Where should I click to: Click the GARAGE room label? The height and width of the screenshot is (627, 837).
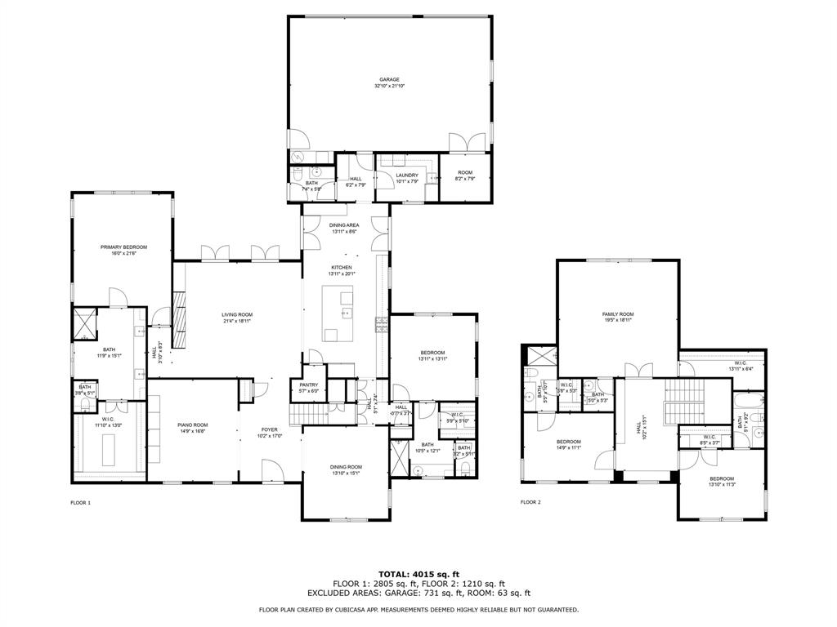(389, 79)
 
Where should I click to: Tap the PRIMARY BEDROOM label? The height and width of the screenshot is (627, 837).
(123, 247)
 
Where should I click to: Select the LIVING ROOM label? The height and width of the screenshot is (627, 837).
(237, 314)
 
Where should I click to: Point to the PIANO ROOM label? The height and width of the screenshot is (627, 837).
(193, 425)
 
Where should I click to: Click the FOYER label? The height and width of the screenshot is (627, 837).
(269, 429)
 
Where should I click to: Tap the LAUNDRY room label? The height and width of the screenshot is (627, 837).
(406, 175)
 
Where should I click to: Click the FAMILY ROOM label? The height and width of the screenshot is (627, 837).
(618, 313)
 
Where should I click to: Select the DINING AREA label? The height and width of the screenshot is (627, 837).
(344, 225)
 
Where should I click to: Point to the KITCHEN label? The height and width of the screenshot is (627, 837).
(341, 267)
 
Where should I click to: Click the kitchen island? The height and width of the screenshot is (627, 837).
(342, 313)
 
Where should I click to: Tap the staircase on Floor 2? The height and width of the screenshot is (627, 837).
(686, 402)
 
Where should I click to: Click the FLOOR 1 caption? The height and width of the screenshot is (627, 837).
(80, 502)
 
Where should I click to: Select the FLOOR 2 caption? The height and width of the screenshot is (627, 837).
(530, 502)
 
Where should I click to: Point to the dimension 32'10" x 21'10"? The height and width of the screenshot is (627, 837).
(389, 86)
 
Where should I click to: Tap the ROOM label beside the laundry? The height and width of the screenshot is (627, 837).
(465, 172)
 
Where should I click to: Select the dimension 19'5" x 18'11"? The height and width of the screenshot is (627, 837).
(618, 320)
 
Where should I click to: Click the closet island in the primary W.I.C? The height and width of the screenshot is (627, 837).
(110, 448)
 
